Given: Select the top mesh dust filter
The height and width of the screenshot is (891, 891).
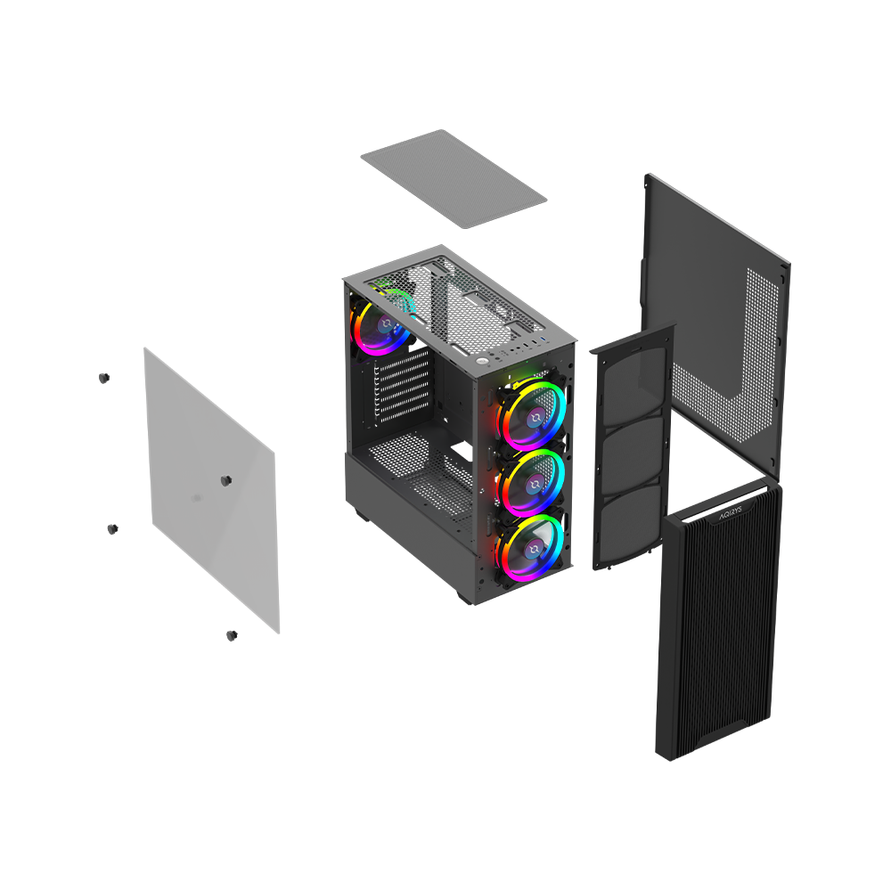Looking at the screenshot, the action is [x=454, y=178].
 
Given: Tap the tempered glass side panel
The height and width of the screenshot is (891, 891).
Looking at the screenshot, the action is [x=212, y=490].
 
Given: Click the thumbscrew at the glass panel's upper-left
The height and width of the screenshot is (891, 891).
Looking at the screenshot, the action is [x=103, y=378].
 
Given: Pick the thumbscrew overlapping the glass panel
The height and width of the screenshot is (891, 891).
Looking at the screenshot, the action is [x=225, y=481].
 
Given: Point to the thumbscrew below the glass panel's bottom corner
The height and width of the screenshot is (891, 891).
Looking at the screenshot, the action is [x=232, y=635].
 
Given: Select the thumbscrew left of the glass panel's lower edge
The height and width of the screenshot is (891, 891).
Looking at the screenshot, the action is [x=112, y=529].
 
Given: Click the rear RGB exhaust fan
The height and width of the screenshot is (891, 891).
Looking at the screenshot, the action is [x=380, y=324].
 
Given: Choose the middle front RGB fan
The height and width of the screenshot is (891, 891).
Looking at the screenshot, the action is [x=533, y=482].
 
